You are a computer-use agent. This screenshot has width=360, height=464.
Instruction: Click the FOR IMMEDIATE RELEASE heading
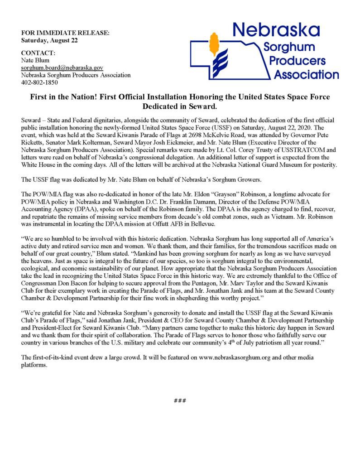coord(65,33)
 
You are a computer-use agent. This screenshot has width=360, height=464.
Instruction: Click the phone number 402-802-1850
coord(39,82)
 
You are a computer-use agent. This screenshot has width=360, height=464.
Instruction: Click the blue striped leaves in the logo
coord(221,66)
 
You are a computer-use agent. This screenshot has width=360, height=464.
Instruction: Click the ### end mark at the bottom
coord(180,400)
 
